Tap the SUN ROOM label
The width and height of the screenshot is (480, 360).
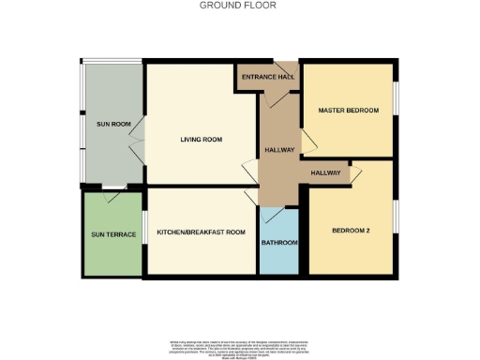[112, 124]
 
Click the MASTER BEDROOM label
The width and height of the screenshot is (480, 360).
[348, 111]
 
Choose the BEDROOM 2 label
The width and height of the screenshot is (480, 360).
[351, 230]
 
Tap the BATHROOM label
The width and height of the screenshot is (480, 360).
[279, 243]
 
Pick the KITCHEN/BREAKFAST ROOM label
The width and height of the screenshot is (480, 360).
[201, 232]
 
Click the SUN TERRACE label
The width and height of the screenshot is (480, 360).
[113, 234]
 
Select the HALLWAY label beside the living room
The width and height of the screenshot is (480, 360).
[279, 149]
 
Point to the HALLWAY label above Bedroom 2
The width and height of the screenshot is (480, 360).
[325, 172]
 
